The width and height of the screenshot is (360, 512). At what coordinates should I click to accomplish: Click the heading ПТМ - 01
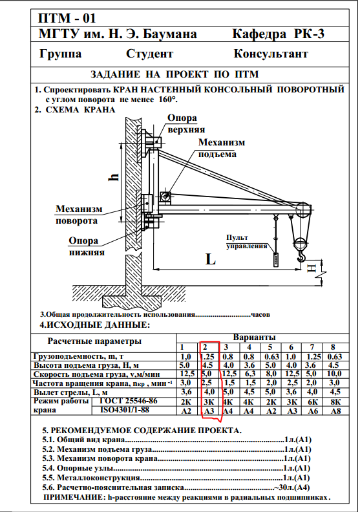coord(67,18)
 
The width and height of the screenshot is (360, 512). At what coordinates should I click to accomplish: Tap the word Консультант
coord(271,54)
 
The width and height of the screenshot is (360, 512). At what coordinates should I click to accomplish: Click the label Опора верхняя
coord(186,123)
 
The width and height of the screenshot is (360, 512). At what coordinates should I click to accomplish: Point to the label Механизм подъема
coord(222,148)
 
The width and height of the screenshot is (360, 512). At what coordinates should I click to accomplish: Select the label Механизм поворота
coord(79,215)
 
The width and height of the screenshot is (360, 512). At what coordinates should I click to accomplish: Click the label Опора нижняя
coord(87,246)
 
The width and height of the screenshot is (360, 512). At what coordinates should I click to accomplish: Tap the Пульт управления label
coord(247,242)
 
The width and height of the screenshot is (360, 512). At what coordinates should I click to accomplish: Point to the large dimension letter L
coord(211,260)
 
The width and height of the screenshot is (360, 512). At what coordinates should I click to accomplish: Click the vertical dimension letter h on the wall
coord(114,176)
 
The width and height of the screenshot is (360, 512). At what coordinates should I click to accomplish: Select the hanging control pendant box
coord(276,261)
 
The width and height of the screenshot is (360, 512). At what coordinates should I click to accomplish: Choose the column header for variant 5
coord(270,347)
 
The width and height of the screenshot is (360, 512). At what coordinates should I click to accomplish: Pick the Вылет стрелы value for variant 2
coord(209,392)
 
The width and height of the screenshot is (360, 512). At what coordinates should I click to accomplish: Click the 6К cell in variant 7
coord(313,402)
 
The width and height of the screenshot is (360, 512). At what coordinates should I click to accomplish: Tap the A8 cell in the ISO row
coord(336,411)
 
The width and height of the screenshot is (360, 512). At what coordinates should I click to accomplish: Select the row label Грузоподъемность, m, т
coord(78,356)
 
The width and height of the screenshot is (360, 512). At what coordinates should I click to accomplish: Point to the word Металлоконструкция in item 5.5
coord(99,478)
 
